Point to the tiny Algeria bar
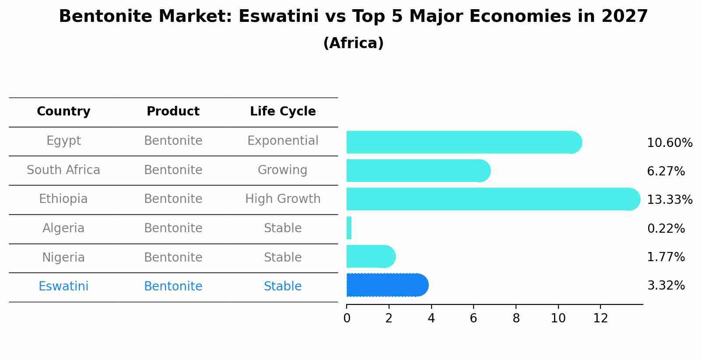pos(349,228)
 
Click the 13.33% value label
pos(670,200)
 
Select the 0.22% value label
pos(666,229)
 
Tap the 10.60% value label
pos(670,143)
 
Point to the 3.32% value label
pos(666,286)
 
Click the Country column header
pos(63,112)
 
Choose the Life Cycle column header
pos(283,112)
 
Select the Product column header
pos(173,112)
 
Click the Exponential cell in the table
pos(283,141)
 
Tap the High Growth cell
pos(283,199)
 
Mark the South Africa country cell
pos(63,170)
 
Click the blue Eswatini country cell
pos(63,287)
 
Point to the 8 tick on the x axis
pos(516,318)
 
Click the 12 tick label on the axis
pos(600,318)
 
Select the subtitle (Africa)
pos(353,43)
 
